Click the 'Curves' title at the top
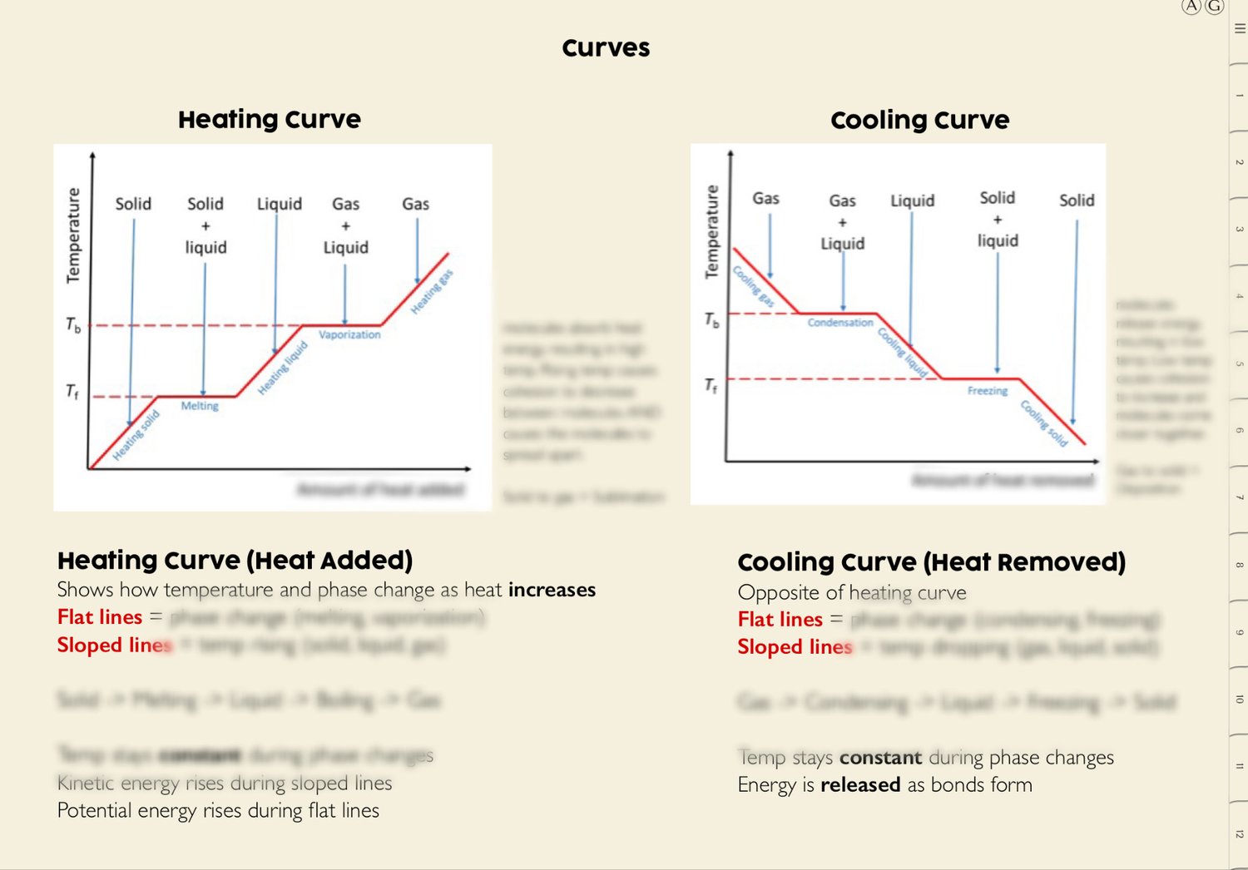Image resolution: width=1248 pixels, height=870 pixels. [606, 48]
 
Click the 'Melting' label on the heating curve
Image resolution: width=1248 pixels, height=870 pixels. [200, 406]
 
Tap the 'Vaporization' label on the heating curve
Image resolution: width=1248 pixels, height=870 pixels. [349, 334]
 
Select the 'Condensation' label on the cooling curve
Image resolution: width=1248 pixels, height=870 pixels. [840, 323]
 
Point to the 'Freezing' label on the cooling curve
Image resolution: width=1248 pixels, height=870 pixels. [988, 391]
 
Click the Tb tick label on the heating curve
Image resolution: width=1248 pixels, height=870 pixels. [73, 325]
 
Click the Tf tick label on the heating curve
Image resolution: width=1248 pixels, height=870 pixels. [72, 391]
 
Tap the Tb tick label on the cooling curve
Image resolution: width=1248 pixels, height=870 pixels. [711, 320]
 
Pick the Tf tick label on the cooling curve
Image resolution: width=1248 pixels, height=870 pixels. [711, 385]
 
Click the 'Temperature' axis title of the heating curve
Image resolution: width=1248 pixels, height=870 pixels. [73, 235]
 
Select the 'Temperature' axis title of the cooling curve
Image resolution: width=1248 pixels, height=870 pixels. [711, 231]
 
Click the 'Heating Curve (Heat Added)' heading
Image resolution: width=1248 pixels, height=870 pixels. [235, 561]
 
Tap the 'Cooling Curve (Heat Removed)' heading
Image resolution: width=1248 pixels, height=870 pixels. [931, 562]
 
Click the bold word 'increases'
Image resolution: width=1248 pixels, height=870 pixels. [552, 590]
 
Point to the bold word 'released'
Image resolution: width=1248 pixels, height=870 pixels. [860, 785]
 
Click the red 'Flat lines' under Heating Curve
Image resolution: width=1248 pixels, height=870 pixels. [100, 617]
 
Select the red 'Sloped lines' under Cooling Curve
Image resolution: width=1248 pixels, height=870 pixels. [795, 647]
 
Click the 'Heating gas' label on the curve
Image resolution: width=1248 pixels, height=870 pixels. [432, 292]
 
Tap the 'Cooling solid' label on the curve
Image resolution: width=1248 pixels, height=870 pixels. [1044, 423]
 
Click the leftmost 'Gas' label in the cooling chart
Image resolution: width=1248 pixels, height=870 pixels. [765, 199]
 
